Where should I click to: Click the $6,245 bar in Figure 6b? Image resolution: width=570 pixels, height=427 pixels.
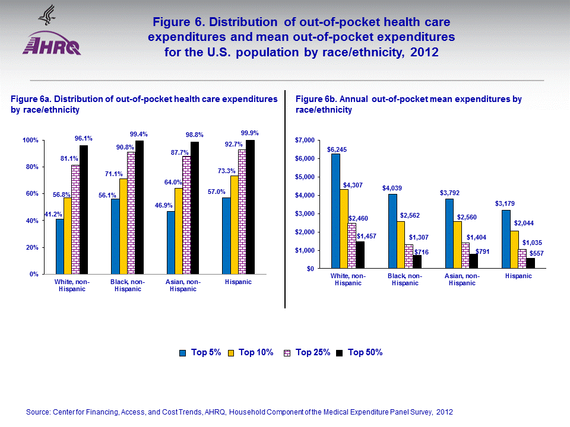click(335, 211)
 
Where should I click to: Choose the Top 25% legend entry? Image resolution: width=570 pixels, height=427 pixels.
click(312, 352)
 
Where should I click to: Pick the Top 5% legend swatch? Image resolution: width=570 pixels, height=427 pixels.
click(183, 353)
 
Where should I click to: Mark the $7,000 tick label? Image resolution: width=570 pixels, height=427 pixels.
click(306, 141)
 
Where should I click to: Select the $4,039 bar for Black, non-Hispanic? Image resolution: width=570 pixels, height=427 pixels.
click(392, 231)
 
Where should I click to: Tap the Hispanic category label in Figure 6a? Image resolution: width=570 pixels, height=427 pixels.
click(237, 282)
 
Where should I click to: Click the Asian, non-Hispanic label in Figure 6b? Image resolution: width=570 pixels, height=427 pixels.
click(463, 279)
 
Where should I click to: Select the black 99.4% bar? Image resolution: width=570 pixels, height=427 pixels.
click(140, 207)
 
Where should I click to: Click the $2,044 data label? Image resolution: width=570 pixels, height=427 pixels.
click(524, 222)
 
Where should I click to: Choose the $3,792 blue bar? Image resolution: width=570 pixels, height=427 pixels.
click(449, 234)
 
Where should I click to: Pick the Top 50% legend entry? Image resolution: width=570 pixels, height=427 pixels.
click(365, 352)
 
